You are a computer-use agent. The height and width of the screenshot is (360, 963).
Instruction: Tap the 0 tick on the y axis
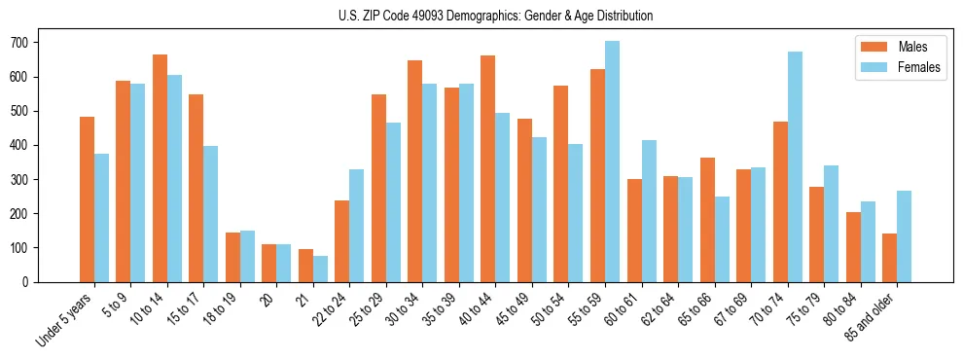[29, 282]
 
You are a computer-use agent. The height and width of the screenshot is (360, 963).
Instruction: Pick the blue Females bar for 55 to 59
[612, 162]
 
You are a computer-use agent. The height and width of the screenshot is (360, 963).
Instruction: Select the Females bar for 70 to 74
[795, 166]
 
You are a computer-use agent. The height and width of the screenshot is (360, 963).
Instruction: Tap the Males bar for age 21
[305, 266]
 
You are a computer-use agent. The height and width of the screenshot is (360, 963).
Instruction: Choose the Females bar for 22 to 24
[357, 226]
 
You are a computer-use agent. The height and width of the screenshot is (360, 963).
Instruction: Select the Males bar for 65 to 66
[707, 220]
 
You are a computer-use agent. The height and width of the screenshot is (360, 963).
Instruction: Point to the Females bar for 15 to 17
[211, 214]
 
